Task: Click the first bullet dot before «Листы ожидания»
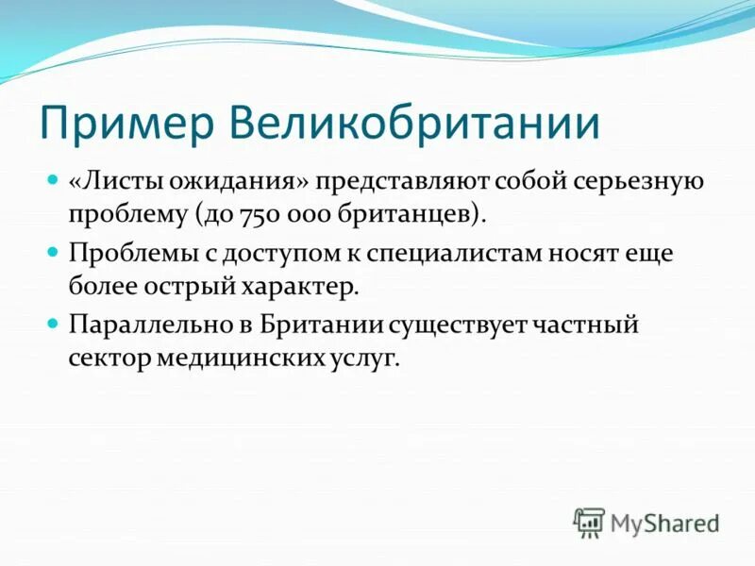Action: [54, 179]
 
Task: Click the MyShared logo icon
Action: [589, 522]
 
